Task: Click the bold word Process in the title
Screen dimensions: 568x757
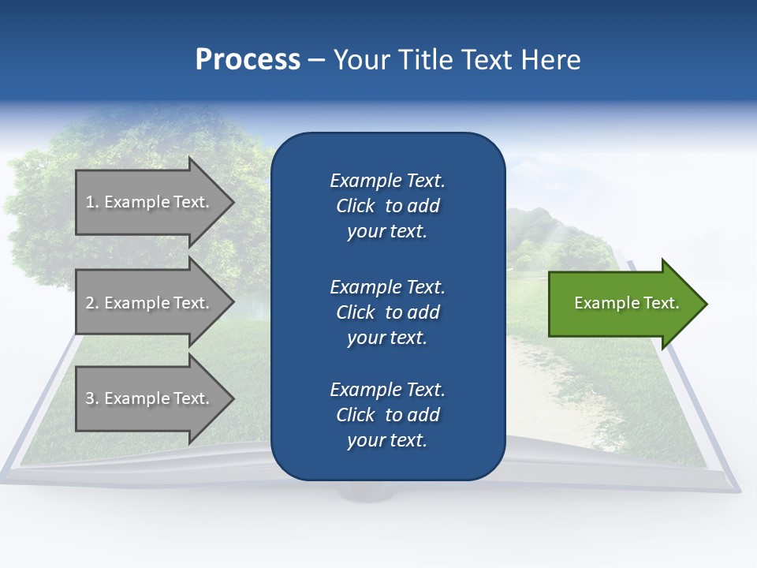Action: point(248,60)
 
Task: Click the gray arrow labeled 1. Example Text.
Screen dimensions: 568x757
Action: point(150,202)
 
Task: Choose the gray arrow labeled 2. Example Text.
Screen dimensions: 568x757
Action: point(150,303)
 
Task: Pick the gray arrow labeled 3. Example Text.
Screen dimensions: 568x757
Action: point(150,398)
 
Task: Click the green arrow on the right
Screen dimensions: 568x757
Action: point(623,304)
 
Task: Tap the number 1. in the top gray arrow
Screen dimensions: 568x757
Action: point(91,202)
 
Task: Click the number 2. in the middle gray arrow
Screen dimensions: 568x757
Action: point(91,303)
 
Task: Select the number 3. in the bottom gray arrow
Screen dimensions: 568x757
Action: point(91,398)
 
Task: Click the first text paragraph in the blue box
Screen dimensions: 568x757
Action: point(387,206)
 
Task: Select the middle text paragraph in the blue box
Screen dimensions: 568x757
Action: point(387,312)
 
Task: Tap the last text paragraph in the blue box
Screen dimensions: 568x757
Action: point(387,415)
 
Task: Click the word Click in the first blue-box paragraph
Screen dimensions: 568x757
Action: point(356,206)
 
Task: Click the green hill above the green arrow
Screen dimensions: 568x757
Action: point(552,237)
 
